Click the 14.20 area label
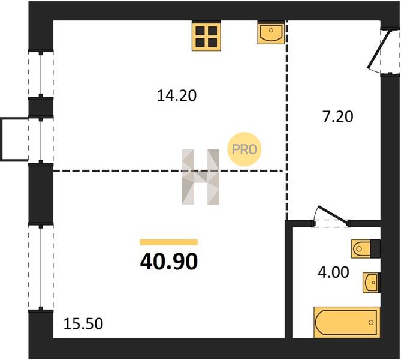[x=177, y=96]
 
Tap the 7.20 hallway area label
[x=338, y=116]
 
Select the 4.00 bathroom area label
[x=333, y=272]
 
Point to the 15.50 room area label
[x=83, y=323]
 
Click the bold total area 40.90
[x=169, y=262]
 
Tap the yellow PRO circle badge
[x=244, y=149]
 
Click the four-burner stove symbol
[x=206, y=37]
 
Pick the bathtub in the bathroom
[x=347, y=322]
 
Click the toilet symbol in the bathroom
[x=366, y=248]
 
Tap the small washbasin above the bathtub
[x=372, y=283]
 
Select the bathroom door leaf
[x=333, y=215]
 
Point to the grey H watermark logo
[x=200, y=177]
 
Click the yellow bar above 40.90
[x=169, y=242]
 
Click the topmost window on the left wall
[x=41, y=74]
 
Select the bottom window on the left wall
[x=41, y=268]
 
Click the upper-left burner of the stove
[x=200, y=31]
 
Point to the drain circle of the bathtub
[x=371, y=322]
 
